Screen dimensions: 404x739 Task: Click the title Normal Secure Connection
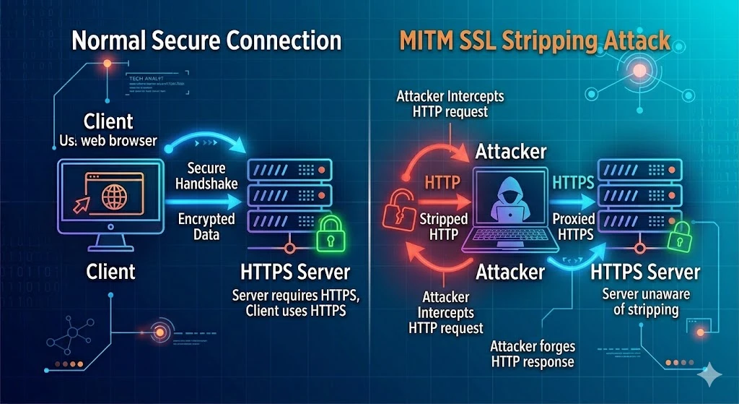pos(206,40)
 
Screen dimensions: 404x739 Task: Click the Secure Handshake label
pos(206,176)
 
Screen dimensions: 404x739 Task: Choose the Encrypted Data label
pos(206,226)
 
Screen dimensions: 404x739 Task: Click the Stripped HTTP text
pos(443,226)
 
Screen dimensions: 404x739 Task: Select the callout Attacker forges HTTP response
pos(532,354)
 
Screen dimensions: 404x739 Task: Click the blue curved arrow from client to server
pos(209,139)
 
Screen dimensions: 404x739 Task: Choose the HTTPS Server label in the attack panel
pos(644,272)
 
